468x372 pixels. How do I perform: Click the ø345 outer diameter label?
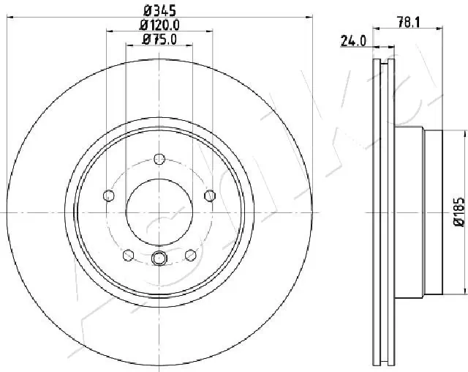159,10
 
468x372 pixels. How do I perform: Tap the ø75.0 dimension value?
159,40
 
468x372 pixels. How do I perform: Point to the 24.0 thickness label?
353,42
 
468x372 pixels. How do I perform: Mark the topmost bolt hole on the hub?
160,159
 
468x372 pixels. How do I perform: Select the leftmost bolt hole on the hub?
109,196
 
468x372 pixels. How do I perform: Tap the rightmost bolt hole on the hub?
211,196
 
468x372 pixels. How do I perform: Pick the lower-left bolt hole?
129,255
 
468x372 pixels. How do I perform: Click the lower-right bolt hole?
191,255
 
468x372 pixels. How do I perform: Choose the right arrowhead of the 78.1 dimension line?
441,29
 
